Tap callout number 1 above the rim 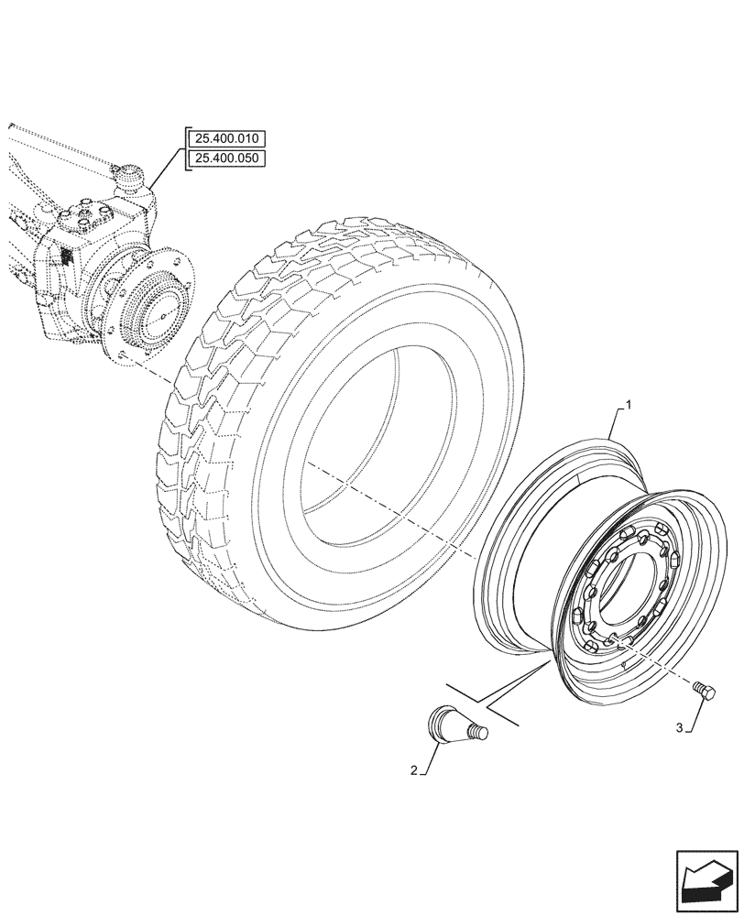click(x=628, y=403)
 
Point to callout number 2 click(x=414, y=771)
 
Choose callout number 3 click(x=680, y=728)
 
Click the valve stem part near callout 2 click(x=453, y=724)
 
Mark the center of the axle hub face click(x=161, y=313)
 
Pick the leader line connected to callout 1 click(x=612, y=431)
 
